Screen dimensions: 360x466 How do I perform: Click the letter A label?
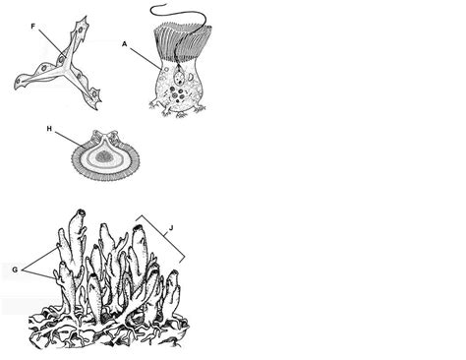tap(125, 42)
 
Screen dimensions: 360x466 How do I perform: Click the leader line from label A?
tap(144, 56)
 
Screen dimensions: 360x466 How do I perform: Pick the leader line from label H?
tap(69, 138)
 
